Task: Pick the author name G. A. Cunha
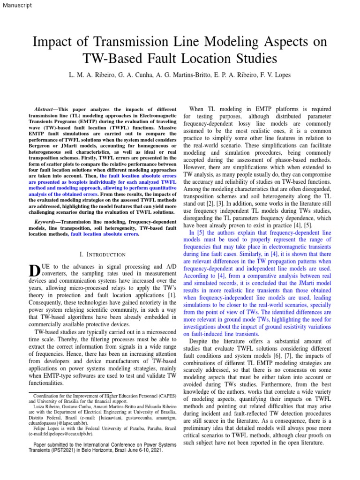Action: [x=129, y=75]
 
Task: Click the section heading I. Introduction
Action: [x=103, y=255]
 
